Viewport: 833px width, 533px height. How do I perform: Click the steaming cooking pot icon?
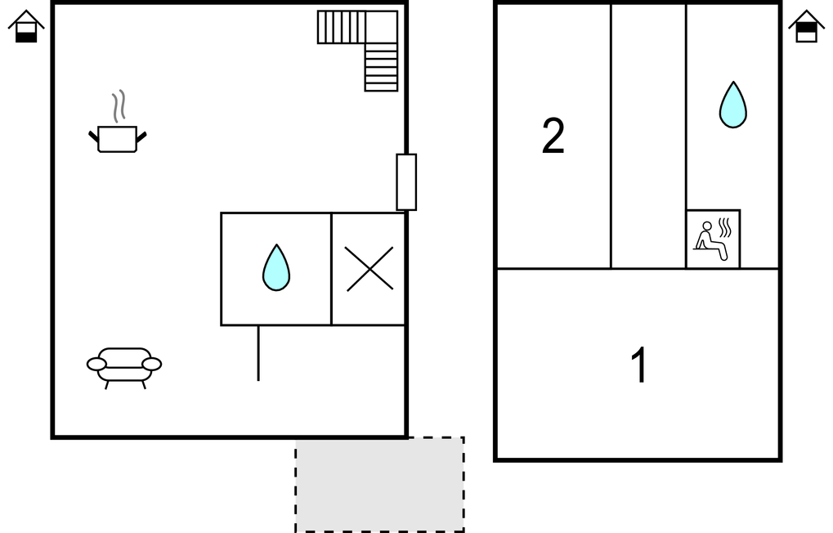pos(118,128)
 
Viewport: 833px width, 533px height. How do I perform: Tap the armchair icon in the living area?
pos(124,368)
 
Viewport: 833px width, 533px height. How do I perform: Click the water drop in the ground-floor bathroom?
pos(276,267)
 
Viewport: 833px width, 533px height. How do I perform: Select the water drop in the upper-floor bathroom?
pos(733,105)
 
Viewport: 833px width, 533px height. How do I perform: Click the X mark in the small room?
pos(369,269)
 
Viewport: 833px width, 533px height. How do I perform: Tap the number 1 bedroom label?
pos(639,365)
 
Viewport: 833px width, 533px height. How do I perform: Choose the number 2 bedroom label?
pos(553,136)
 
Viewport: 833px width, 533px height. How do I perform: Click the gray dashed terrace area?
pos(380,485)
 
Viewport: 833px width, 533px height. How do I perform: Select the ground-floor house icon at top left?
pos(26,26)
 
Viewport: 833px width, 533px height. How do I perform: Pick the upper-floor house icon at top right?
pos(807,26)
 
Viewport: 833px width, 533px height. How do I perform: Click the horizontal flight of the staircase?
pos(342,27)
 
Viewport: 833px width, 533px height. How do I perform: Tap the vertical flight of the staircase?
pos(382,68)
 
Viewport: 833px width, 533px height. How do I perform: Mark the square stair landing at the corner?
pos(382,27)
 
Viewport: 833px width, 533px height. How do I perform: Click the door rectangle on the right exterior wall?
pos(406,182)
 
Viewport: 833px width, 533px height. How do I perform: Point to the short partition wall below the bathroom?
pos(258,353)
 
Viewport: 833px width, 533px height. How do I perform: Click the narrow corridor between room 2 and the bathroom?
pos(648,136)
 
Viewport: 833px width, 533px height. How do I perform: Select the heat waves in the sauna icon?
pos(725,227)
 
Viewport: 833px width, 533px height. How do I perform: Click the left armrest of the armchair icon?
pos(96,365)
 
